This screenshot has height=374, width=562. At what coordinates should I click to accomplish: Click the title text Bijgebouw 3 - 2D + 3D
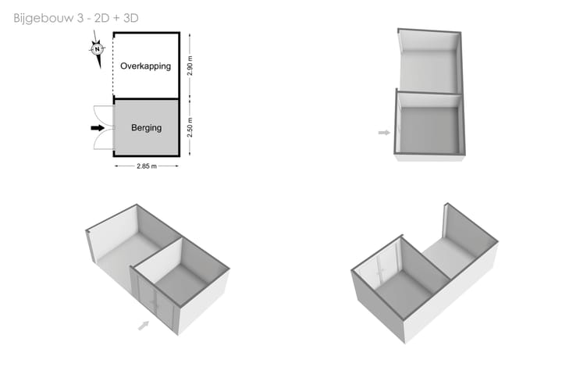(76, 18)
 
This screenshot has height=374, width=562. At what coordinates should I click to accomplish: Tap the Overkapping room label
(145, 66)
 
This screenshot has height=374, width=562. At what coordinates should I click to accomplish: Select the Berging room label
(146, 127)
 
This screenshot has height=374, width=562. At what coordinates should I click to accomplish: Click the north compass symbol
(97, 49)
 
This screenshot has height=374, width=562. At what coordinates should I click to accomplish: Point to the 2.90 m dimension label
(190, 66)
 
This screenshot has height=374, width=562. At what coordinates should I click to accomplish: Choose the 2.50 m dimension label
(190, 127)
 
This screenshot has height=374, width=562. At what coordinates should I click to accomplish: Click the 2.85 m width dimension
(147, 166)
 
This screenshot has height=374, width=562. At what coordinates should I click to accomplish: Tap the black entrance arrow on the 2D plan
(98, 128)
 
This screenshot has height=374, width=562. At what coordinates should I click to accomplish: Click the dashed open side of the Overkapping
(114, 66)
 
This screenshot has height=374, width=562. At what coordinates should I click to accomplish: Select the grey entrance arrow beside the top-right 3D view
(384, 133)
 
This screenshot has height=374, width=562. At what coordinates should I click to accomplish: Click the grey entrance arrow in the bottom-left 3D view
(144, 326)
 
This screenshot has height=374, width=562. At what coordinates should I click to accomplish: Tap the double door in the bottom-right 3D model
(381, 266)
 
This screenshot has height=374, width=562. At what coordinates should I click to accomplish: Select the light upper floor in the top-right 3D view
(429, 71)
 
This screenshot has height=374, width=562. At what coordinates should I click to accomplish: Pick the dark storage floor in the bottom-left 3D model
(182, 283)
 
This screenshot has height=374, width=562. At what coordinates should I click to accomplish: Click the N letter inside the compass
(97, 49)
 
